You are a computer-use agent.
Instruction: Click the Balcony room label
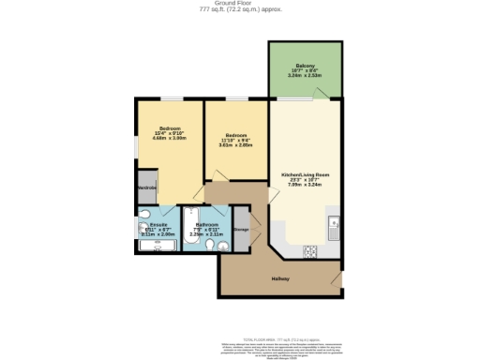300,65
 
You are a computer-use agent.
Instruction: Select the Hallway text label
279,279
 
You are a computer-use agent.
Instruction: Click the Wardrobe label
146,188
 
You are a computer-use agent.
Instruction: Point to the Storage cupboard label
241,230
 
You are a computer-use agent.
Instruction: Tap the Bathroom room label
207,225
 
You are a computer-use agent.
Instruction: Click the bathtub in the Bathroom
189,227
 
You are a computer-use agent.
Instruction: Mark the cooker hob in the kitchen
310,249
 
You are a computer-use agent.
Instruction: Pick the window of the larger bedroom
170,98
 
